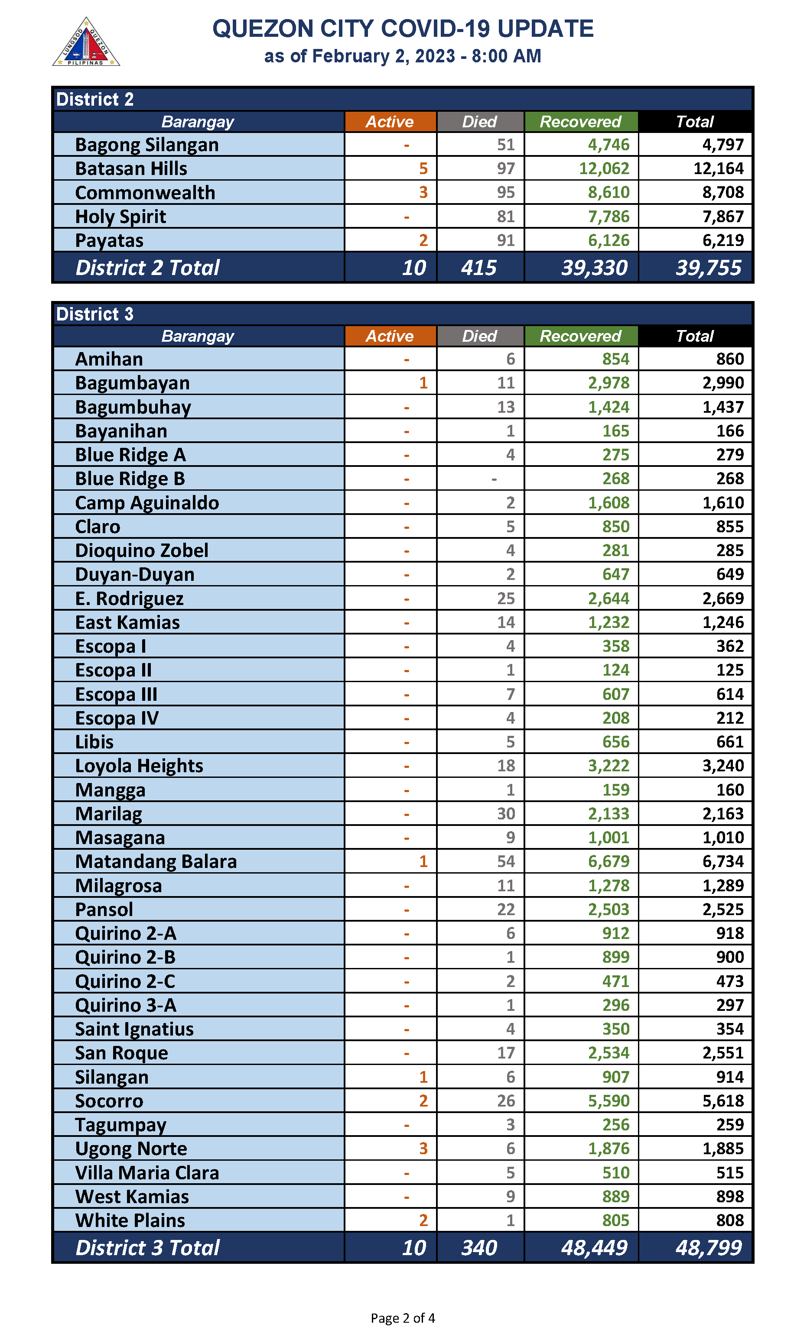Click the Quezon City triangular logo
click(86, 43)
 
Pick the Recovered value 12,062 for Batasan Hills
click(604, 168)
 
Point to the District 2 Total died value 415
click(478, 267)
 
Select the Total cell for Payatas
click(723, 240)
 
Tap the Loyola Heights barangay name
click(139, 766)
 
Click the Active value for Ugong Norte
click(423, 1148)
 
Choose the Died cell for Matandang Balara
click(506, 861)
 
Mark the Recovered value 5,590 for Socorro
click(609, 1100)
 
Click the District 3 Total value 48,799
click(708, 1247)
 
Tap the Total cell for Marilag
click(723, 813)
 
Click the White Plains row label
click(130, 1220)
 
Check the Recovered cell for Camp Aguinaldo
click(609, 503)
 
